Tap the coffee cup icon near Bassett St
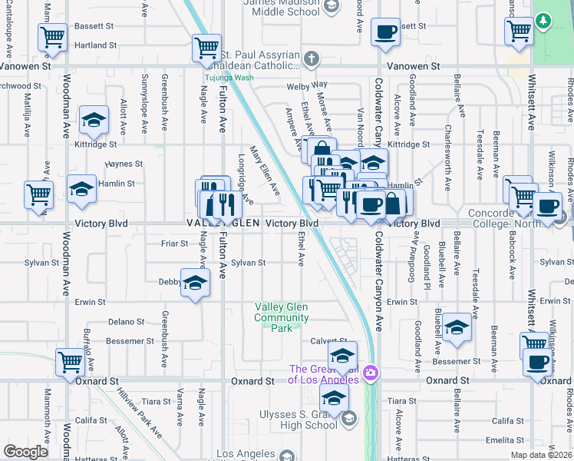click(x=385, y=32)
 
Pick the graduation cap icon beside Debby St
click(x=195, y=282)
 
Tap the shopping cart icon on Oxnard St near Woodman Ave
click(x=70, y=360)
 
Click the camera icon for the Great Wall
click(x=371, y=373)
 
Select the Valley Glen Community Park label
click(x=282, y=317)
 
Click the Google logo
click(x=25, y=452)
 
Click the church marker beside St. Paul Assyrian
click(x=312, y=58)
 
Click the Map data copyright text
click(x=540, y=455)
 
